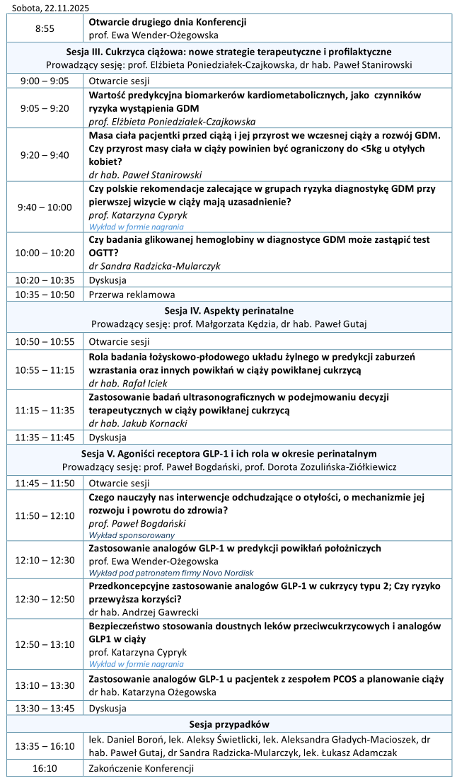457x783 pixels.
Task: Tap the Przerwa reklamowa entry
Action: coord(132,294)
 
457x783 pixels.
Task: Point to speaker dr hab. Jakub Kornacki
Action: coord(134,423)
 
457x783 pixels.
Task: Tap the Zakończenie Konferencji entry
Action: coord(141,768)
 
